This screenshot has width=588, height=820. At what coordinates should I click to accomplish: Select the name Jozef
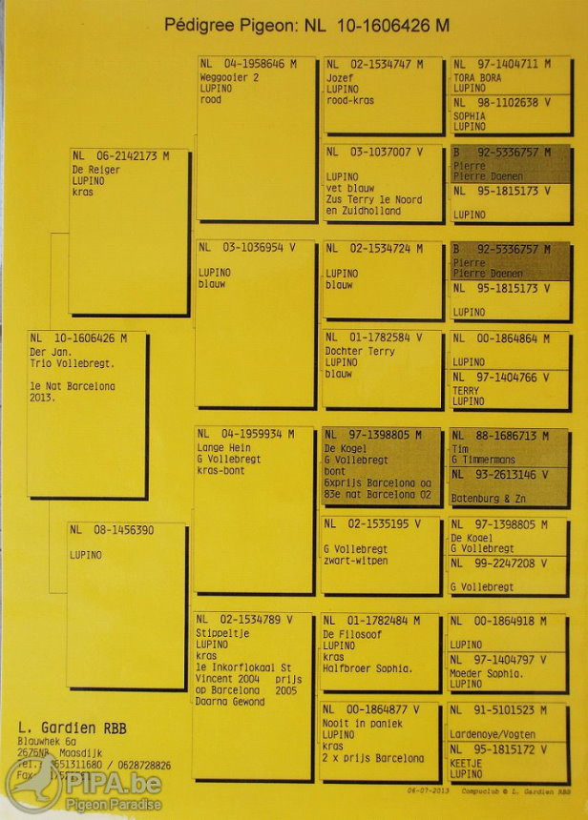(x=340, y=76)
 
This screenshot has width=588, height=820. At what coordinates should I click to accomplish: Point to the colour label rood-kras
(x=351, y=100)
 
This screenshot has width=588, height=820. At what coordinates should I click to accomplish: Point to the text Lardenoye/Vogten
(x=494, y=734)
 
